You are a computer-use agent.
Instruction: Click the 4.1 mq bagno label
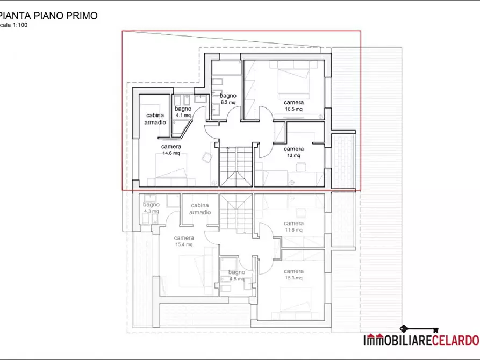[183, 112]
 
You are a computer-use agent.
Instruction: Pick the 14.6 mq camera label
[171, 149]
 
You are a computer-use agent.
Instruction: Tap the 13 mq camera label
[293, 152]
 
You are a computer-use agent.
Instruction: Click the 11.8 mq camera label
[293, 227]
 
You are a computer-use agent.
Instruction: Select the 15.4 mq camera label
[184, 241]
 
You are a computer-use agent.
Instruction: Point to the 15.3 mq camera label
[293, 275]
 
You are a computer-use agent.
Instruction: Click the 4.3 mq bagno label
[151, 208]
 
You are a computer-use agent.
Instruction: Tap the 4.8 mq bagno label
[237, 276]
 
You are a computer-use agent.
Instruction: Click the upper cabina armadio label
[155, 119]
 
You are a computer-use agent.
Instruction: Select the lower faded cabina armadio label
[200, 209]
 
